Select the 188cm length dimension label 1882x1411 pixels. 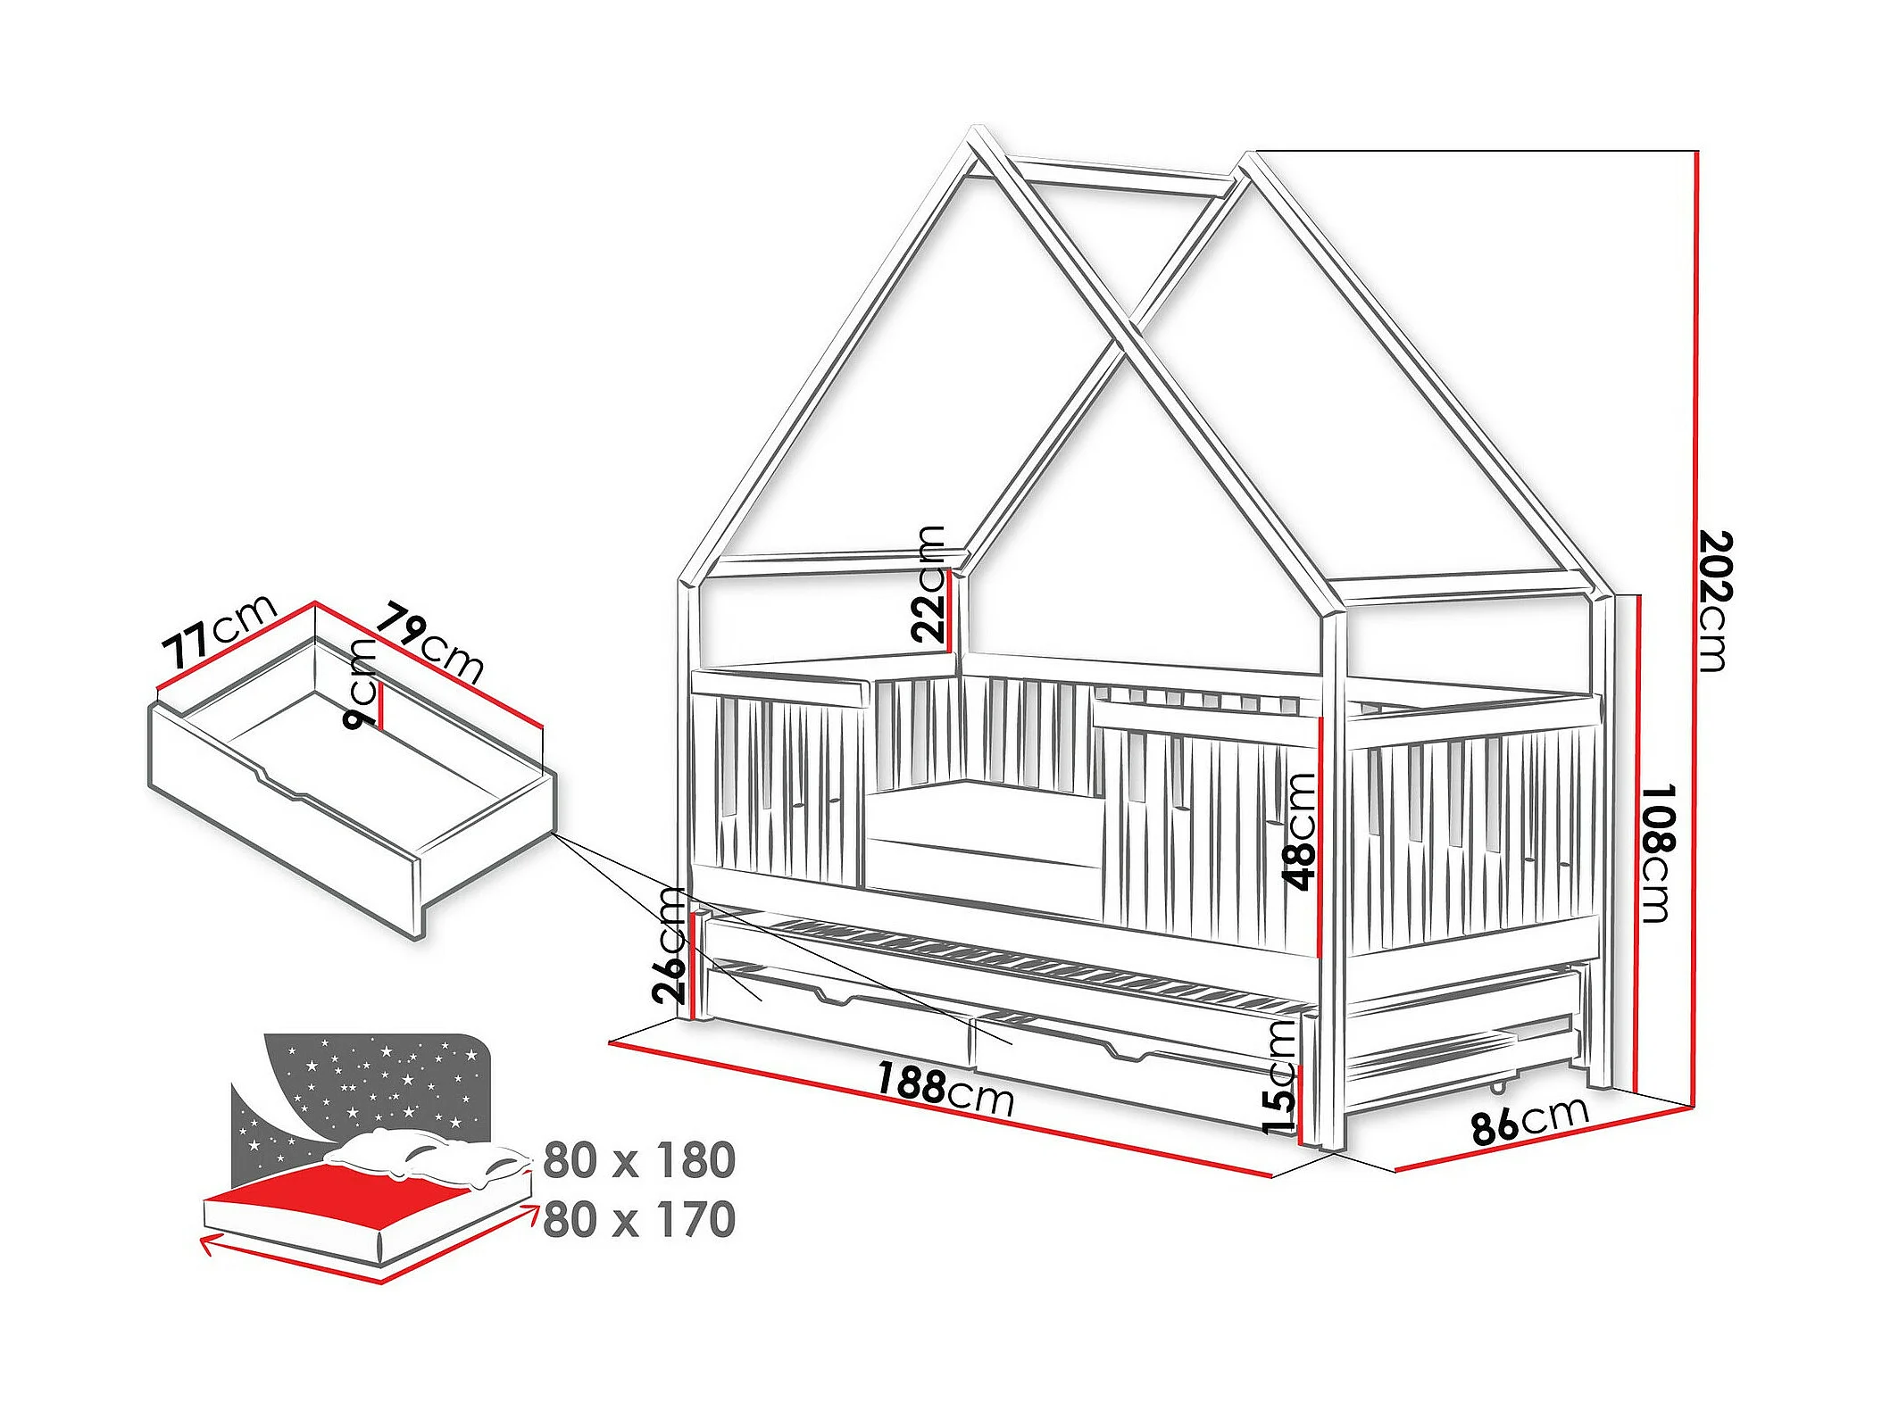tap(945, 1090)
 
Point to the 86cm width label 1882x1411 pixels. tap(1530, 1119)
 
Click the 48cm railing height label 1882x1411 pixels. tap(1299, 831)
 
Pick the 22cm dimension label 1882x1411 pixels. tap(929, 584)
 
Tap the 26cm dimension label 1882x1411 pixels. tap(670, 945)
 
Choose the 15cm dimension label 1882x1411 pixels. tap(1279, 1077)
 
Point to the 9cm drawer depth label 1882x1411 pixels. tap(362, 683)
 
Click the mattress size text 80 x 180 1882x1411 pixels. tap(639, 1159)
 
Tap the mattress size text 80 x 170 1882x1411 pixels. tap(639, 1219)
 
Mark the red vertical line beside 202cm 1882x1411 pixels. tap(1695, 625)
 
